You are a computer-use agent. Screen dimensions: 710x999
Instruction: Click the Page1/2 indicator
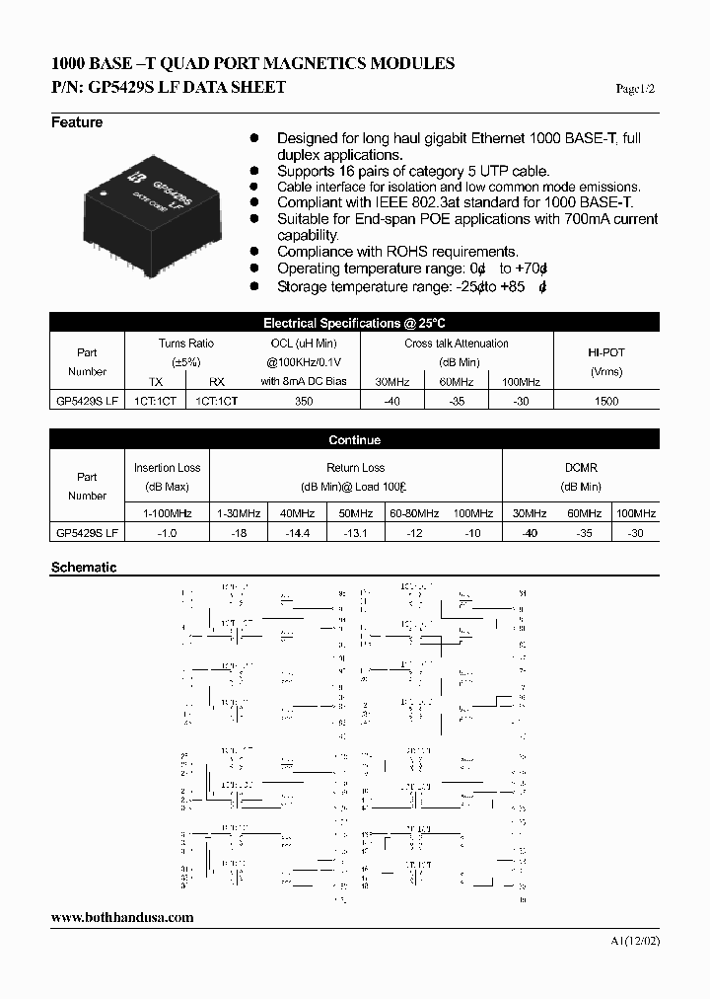[x=635, y=89]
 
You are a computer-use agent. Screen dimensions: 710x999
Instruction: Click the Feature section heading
[x=77, y=122]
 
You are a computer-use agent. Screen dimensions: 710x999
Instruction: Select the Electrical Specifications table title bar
[x=354, y=323]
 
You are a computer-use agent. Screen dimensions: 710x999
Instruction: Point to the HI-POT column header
[x=605, y=352]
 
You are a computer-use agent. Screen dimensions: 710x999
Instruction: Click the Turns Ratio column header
[x=185, y=344]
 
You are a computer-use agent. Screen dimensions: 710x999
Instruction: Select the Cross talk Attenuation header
[x=457, y=344]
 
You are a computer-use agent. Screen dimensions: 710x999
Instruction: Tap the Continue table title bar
[x=354, y=440]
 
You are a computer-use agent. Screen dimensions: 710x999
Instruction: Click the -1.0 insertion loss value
[x=167, y=532]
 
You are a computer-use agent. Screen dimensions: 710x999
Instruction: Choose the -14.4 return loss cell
[x=296, y=532]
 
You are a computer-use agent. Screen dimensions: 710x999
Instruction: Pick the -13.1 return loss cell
[x=354, y=532]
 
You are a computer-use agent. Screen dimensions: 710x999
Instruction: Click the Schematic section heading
[x=84, y=568]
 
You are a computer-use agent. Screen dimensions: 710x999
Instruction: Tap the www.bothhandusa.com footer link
[x=121, y=917]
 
